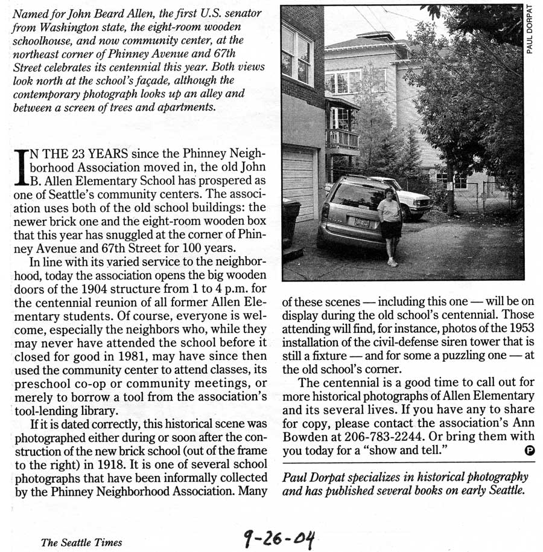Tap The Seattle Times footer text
[x=81, y=542]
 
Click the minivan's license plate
[x=362, y=222]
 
